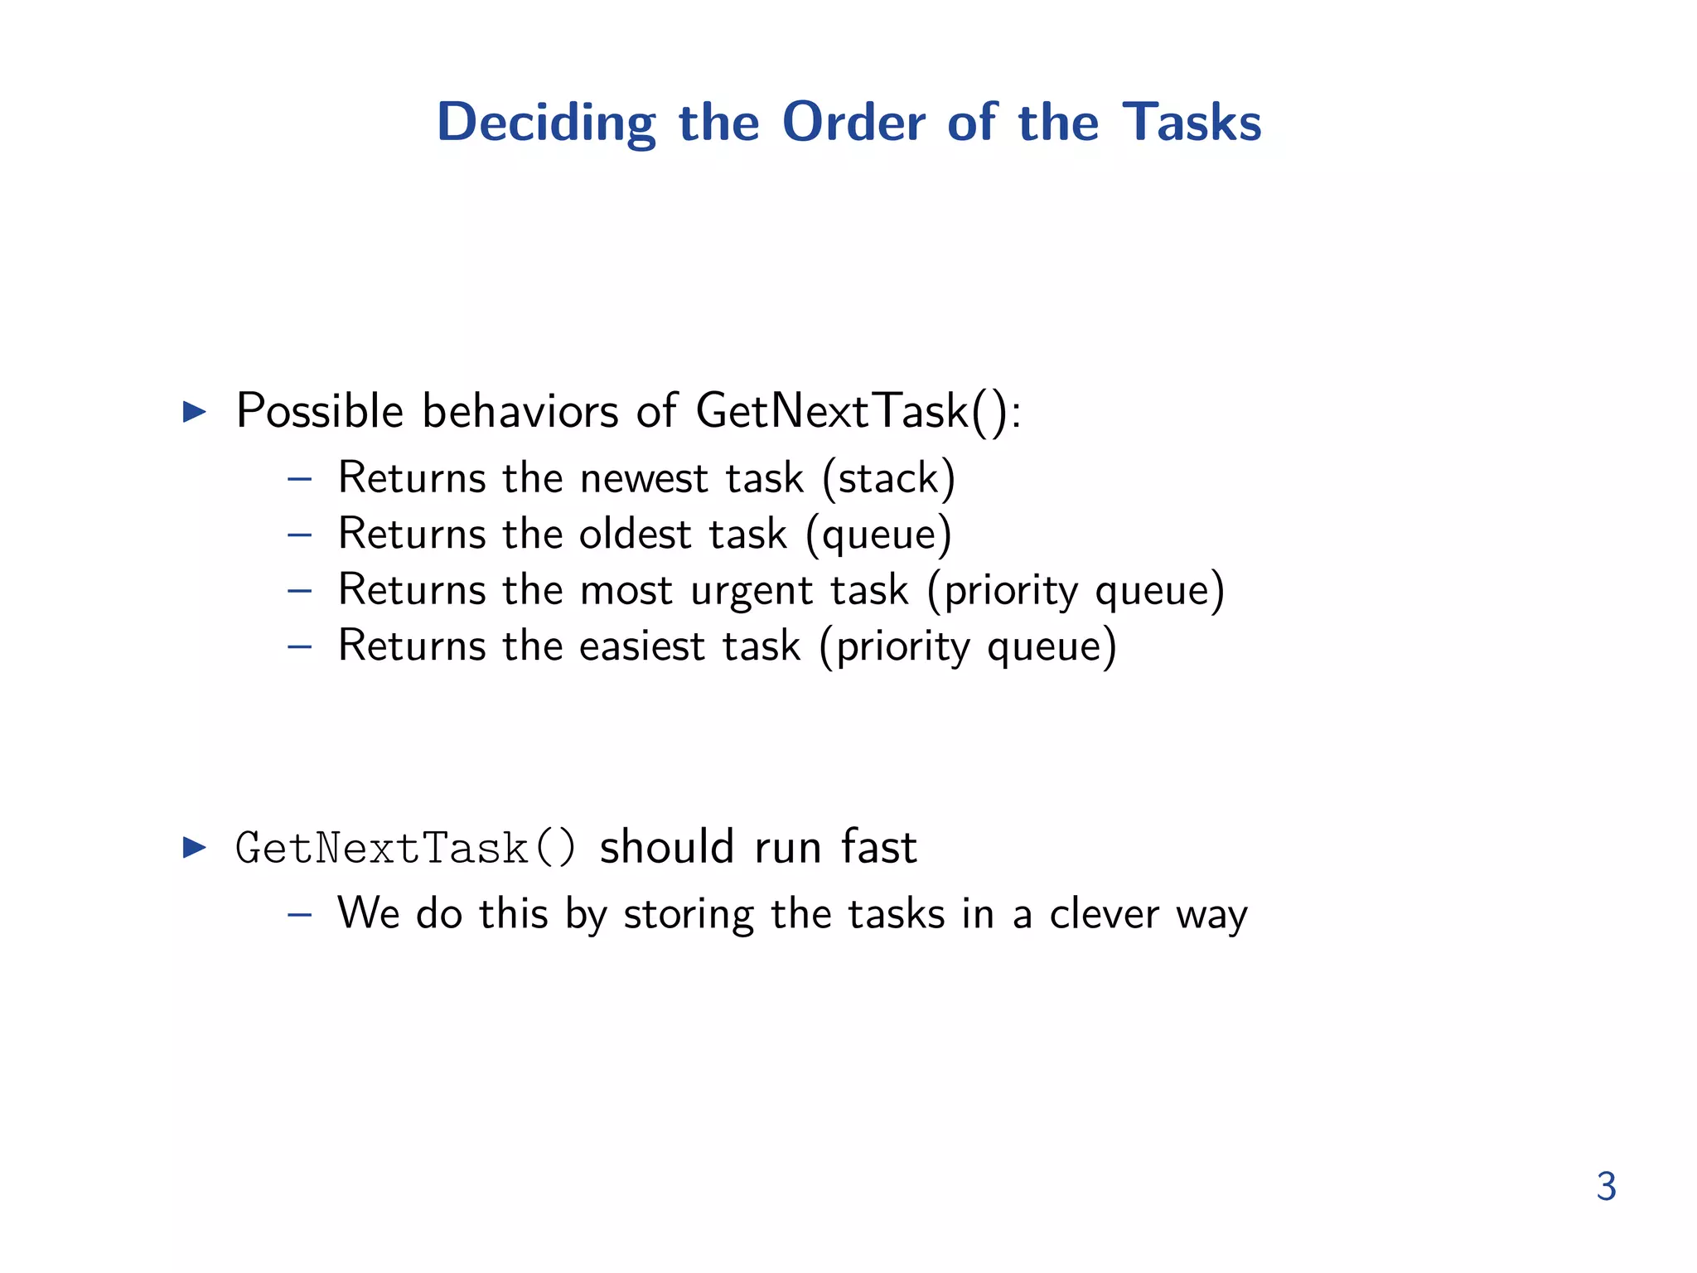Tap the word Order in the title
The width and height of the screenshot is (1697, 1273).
(853, 123)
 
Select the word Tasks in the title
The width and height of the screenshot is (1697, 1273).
(1192, 123)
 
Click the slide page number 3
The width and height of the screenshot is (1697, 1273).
(1606, 1187)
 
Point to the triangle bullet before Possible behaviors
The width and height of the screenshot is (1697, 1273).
(194, 411)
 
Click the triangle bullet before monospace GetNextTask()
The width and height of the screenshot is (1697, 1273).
(194, 847)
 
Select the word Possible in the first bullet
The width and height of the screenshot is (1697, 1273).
(320, 411)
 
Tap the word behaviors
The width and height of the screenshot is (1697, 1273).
(520, 411)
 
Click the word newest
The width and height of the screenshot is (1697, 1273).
(644, 479)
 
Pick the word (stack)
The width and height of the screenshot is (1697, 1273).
(888, 479)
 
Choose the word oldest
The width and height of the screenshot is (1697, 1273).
(635, 535)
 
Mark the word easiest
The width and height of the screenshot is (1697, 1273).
(641, 646)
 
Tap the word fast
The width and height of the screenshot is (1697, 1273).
(879, 847)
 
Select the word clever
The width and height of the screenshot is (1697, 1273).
(1104, 914)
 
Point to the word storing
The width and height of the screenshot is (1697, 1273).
(688, 916)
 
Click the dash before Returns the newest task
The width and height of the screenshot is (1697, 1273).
(299, 479)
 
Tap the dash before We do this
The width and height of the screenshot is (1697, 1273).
(299, 915)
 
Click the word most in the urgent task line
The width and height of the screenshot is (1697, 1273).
(626, 592)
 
